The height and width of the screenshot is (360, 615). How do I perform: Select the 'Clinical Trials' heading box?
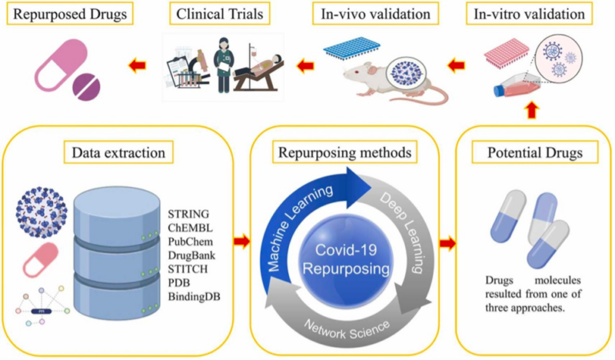click(220, 14)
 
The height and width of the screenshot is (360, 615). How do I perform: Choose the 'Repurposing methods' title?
click(343, 152)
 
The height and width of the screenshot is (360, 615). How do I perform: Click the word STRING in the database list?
click(188, 211)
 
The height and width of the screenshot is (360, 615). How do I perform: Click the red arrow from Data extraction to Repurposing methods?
click(241, 243)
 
